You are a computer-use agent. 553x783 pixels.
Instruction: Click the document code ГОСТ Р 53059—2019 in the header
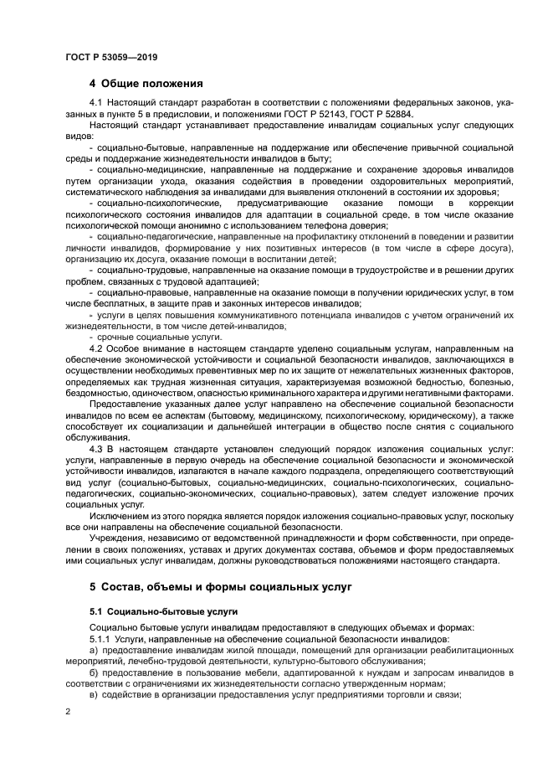coord(111,57)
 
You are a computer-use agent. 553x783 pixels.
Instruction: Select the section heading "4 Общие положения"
coord(146,84)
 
